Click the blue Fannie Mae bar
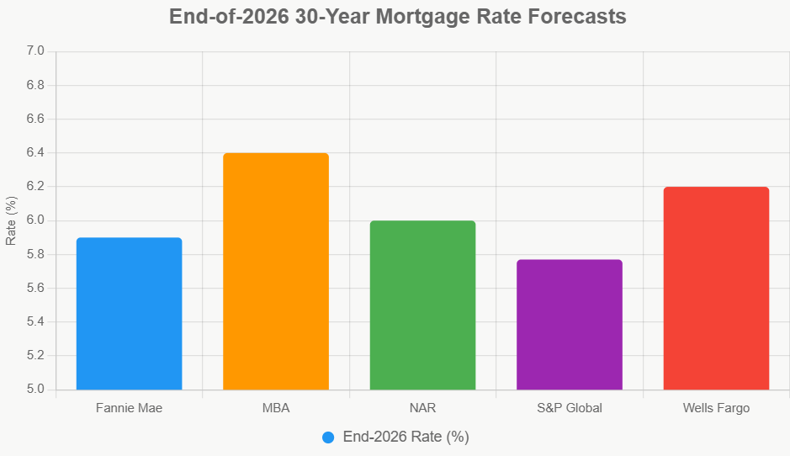(x=129, y=314)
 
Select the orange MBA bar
(x=276, y=272)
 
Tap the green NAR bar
(x=422, y=305)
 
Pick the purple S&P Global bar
(x=570, y=325)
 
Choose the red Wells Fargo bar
(x=716, y=289)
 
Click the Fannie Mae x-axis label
(x=129, y=408)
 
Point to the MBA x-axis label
(x=276, y=408)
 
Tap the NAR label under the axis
(x=422, y=408)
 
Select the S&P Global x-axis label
(x=570, y=408)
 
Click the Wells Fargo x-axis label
(x=716, y=408)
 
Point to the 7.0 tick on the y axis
(x=34, y=51)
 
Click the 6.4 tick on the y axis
(x=34, y=153)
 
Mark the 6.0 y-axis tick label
(x=34, y=220)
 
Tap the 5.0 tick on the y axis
(x=34, y=390)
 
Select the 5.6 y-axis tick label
(x=34, y=289)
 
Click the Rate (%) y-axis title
(x=11, y=220)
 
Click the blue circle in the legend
(x=328, y=437)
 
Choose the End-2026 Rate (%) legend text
(x=406, y=437)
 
